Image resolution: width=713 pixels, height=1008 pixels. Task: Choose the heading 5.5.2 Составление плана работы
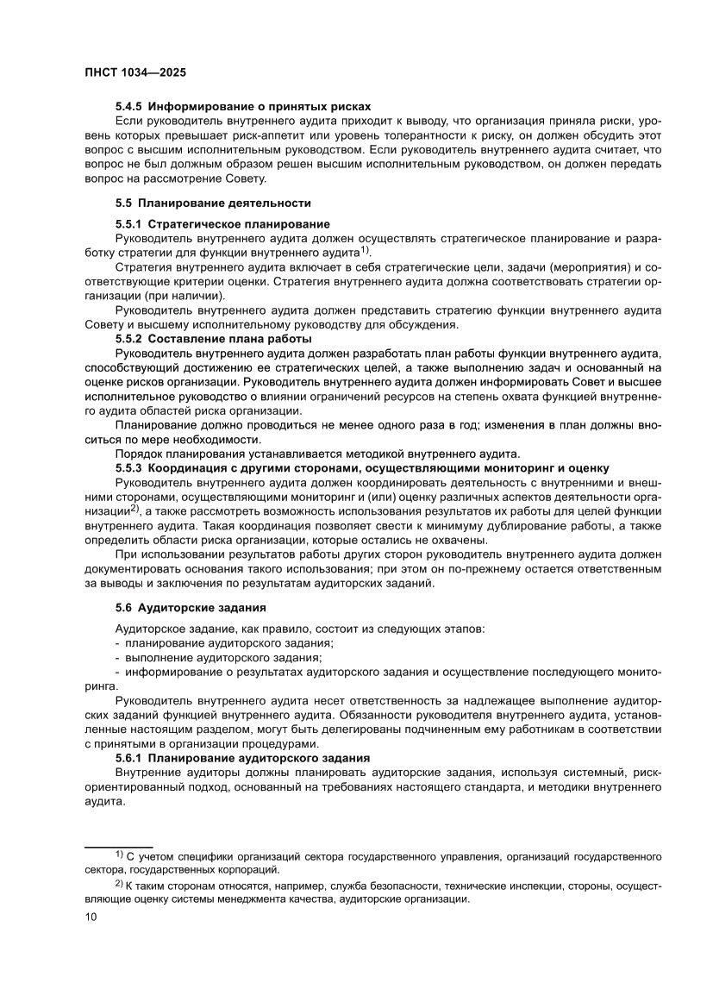click(213, 338)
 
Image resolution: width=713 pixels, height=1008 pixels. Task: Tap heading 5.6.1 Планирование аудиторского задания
click(242, 757)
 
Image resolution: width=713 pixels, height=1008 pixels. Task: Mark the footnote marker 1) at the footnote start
click(120, 855)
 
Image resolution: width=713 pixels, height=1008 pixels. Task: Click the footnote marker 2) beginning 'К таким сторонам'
click(120, 884)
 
